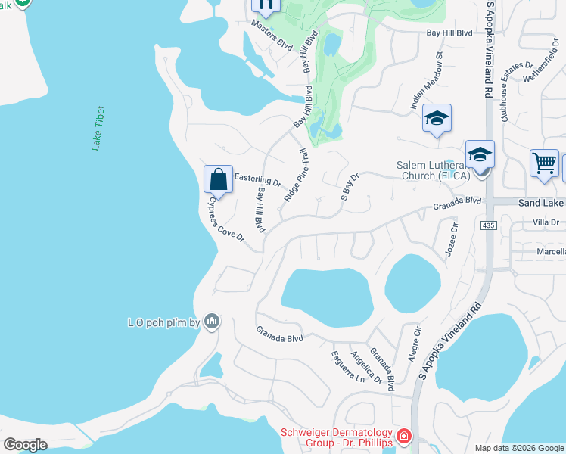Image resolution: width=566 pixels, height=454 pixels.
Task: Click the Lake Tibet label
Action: [98, 129]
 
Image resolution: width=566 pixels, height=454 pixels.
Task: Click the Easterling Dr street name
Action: [257, 180]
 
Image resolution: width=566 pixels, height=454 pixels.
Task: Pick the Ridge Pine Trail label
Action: [297, 175]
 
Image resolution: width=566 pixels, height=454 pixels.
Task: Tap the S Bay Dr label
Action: [349, 186]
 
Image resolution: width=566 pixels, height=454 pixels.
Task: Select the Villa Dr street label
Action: [545, 222]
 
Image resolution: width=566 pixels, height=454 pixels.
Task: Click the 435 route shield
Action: [488, 225]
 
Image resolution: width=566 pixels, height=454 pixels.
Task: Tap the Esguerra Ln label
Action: [348, 366]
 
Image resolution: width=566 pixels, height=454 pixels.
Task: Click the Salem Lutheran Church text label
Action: [434, 170]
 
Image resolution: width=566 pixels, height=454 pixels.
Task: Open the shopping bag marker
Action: [218, 180]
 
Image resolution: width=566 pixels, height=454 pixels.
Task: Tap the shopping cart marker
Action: [545, 163]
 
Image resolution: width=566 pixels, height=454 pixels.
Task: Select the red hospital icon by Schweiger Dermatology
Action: [404, 437]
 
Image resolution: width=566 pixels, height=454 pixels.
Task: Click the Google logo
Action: [25, 445]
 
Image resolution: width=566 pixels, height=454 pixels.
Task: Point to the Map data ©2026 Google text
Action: [518, 448]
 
